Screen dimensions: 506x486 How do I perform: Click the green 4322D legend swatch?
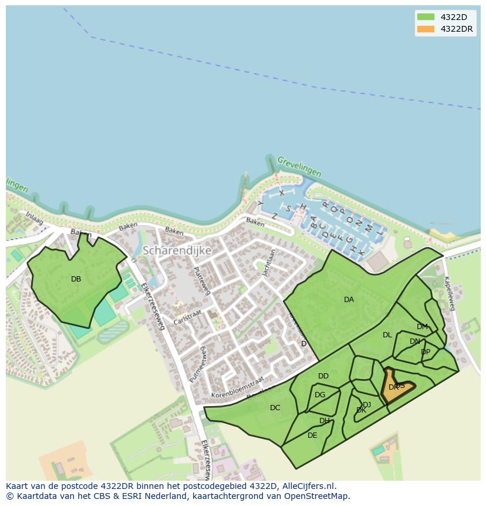coord(426,16)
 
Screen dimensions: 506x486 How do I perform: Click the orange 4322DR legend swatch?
coord(426,29)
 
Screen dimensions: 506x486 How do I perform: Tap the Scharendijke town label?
coord(177,250)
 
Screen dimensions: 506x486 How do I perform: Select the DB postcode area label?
coord(76,279)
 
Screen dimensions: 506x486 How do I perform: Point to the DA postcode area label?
coord(349,300)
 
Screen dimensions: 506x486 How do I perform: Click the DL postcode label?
coord(387,335)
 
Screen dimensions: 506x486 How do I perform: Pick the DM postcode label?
coord(422,327)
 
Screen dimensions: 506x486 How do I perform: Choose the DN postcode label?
coord(415,341)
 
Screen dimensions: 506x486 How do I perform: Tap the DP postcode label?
coord(426,352)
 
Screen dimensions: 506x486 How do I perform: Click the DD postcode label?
coord(323,376)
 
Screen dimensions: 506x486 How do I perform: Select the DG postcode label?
coord(320,395)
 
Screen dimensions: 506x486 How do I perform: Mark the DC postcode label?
coord(275,408)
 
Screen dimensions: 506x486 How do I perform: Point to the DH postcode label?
coord(325,421)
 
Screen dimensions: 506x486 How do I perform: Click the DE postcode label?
coord(312,435)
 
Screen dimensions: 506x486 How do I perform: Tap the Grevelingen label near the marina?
coord(299,166)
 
